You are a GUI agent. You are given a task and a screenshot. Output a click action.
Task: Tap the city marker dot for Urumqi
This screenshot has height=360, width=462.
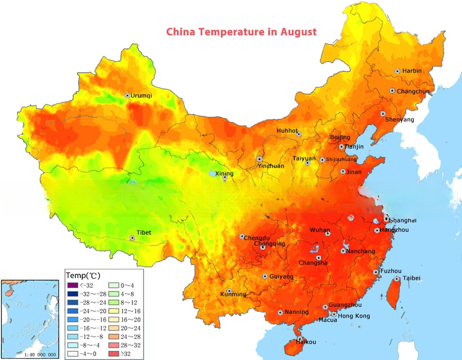(x=127, y=96)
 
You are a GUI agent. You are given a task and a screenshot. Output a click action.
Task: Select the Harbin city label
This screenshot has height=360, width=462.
(x=412, y=71)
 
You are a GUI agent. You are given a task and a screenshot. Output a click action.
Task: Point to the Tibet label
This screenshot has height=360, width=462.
(x=144, y=233)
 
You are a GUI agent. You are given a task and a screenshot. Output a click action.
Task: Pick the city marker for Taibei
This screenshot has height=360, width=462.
(x=397, y=279)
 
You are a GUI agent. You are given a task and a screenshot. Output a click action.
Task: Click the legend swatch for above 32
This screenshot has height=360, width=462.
(x=115, y=354)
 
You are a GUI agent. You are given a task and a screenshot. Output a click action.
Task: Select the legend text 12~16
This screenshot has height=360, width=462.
(x=130, y=311)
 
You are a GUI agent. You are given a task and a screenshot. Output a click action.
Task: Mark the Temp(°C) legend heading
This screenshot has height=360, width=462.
(x=83, y=276)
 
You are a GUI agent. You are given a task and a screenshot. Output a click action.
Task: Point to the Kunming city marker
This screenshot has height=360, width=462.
(x=229, y=291)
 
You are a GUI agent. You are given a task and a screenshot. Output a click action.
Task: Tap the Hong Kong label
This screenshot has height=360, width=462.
(x=354, y=316)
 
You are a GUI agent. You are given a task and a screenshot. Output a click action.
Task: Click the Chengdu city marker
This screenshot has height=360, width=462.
(x=242, y=236)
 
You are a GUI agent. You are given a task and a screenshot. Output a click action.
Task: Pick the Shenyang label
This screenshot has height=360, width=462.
(x=399, y=120)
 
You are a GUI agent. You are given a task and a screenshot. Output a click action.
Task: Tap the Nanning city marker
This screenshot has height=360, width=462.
(x=280, y=313)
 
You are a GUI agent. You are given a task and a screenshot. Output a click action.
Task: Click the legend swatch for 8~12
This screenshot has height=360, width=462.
(x=115, y=302)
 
